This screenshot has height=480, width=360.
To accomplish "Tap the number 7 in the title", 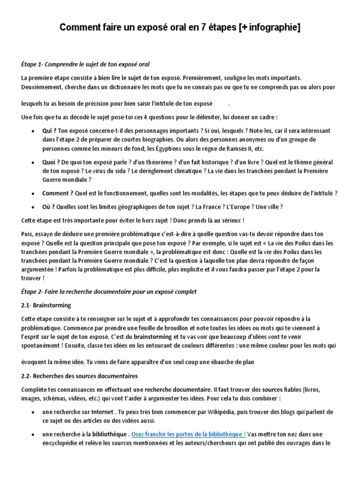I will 192,29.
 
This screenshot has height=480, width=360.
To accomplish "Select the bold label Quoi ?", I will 51,162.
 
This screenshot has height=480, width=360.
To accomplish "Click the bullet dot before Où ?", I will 31,207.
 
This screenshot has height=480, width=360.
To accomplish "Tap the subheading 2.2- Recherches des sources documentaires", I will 79,376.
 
